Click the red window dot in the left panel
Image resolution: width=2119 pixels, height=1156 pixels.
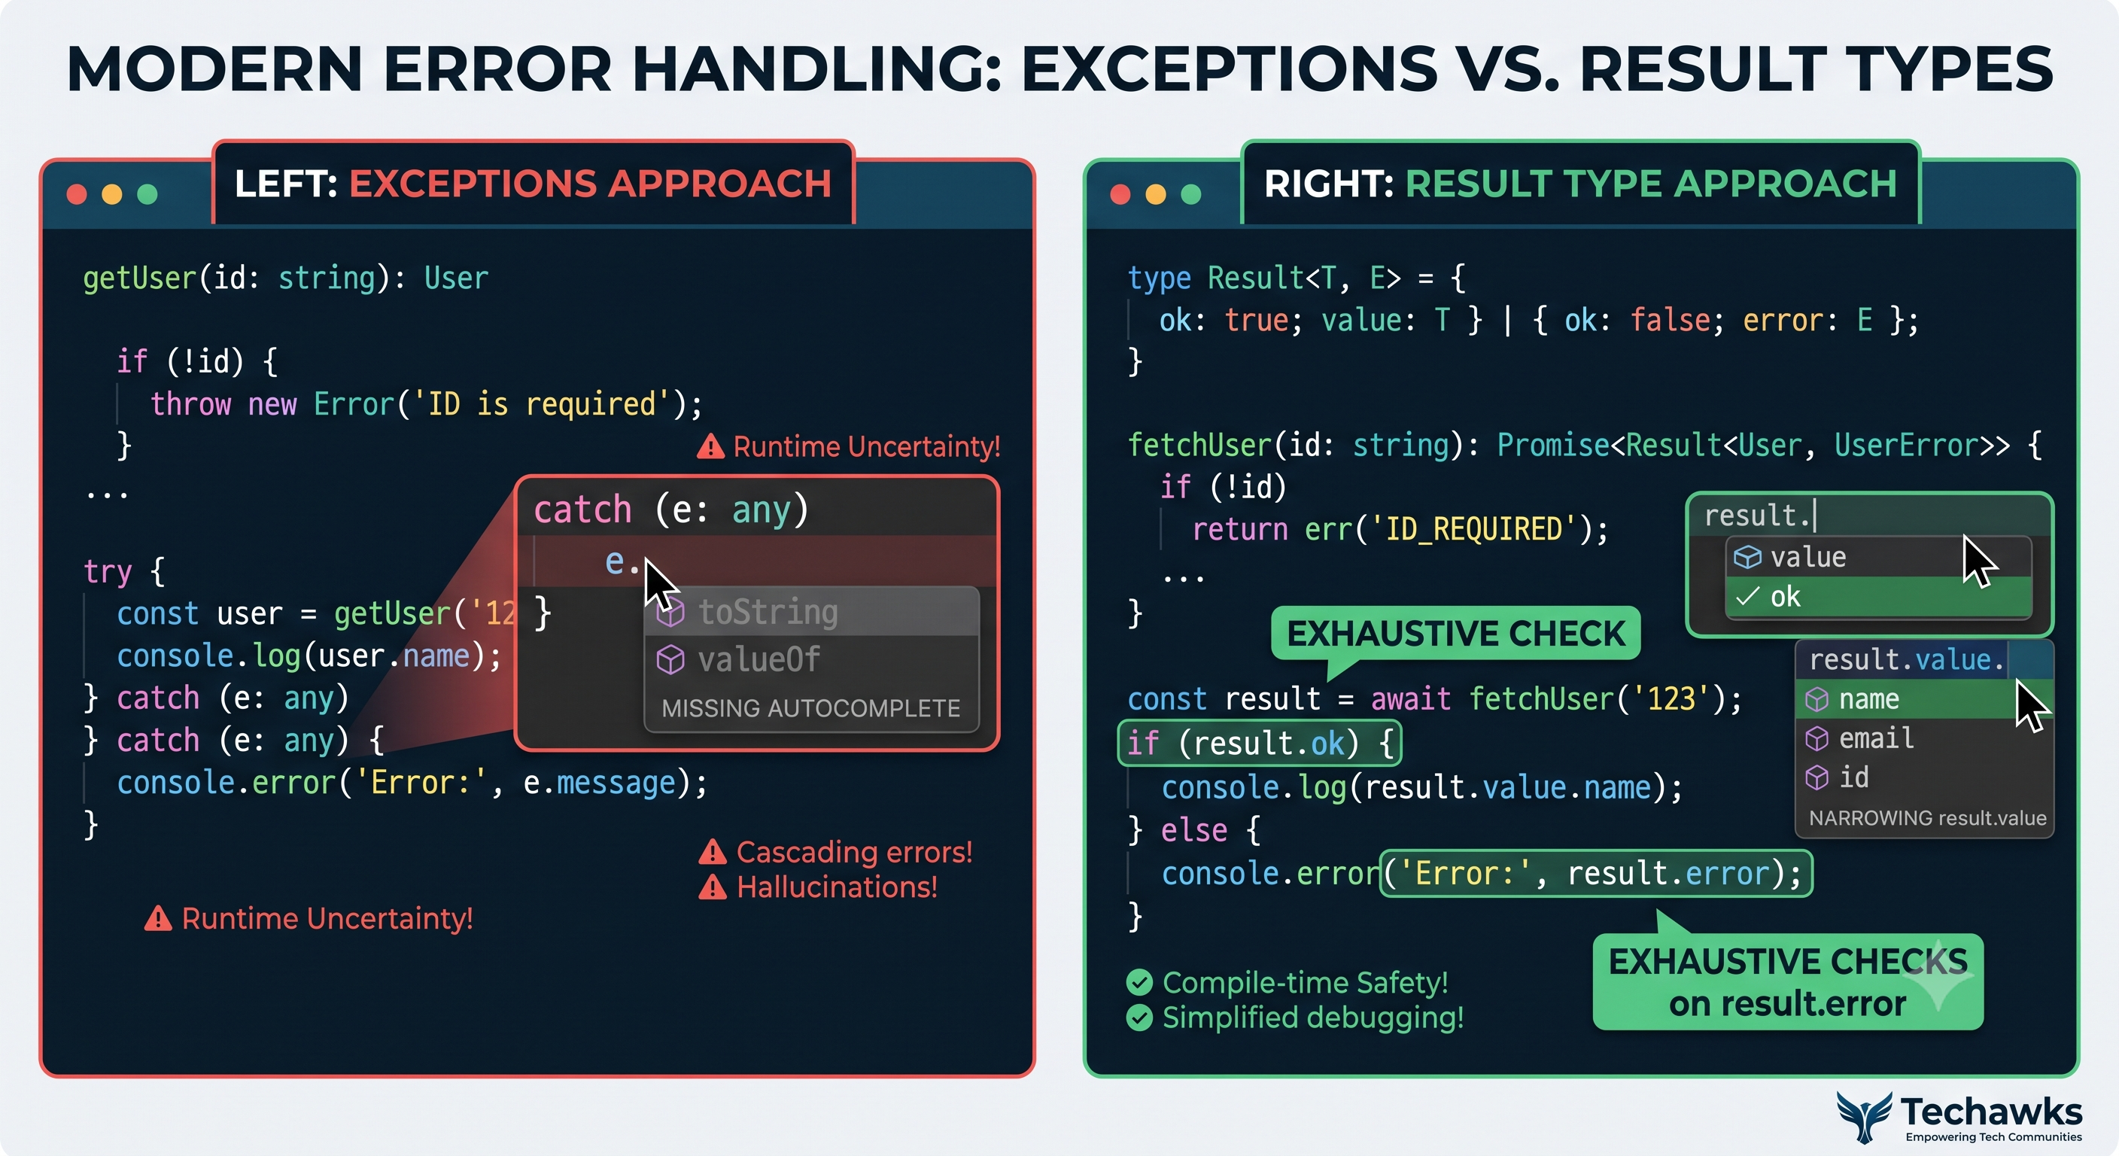[77, 194]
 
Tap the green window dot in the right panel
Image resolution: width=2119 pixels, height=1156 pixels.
[1191, 194]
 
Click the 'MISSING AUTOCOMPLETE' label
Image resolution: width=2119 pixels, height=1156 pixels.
[811, 707]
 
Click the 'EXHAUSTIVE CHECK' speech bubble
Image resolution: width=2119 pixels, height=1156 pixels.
[1455, 634]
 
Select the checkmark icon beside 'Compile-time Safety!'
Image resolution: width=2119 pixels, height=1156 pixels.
[1139, 981]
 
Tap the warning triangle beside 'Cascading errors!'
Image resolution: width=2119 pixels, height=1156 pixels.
[713, 853]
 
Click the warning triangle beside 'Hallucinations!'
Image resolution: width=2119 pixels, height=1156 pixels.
[713, 888]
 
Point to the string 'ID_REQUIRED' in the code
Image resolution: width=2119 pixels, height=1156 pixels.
[1473, 528]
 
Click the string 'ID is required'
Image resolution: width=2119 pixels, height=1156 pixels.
[542, 404]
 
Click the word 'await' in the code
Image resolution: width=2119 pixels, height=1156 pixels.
[1411, 698]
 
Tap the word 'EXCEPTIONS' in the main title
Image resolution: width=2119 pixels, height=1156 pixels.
[1229, 68]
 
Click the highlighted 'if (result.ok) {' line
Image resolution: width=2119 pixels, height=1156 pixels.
[1260, 743]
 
